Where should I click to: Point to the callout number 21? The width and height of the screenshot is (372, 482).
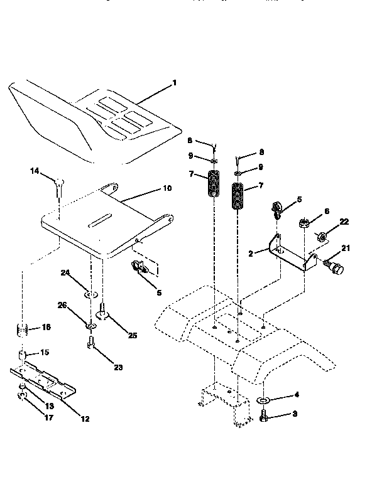pyautogui.click(x=344, y=249)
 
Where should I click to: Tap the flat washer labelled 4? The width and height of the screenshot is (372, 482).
pyautogui.click(x=262, y=399)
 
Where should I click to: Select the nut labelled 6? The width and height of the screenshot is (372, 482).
pyautogui.click(x=303, y=223)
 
